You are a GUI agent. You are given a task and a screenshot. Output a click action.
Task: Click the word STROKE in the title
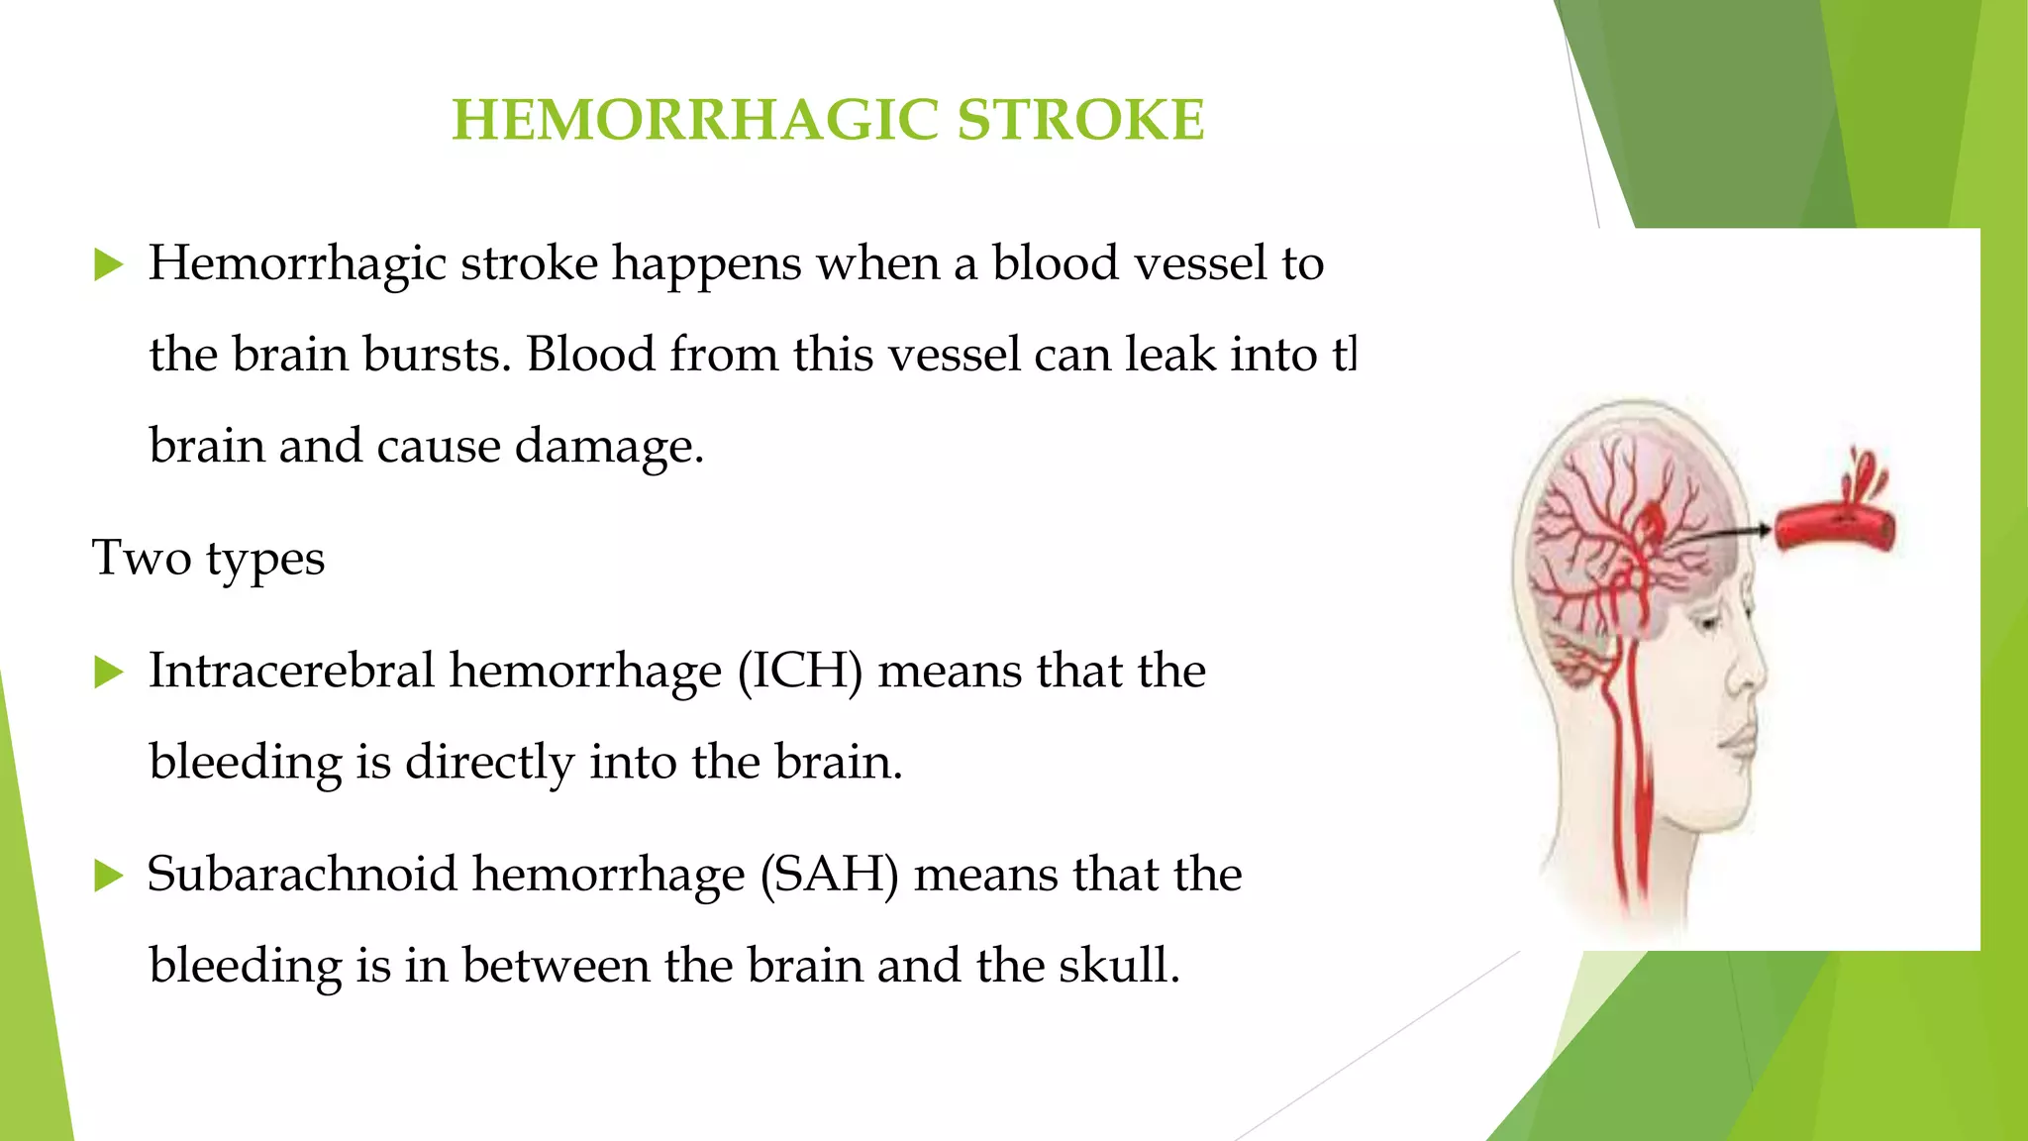point(1080,120)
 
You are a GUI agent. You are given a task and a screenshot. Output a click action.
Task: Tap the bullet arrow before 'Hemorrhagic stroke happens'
point(108,264)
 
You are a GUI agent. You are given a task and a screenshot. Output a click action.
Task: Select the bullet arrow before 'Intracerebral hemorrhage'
point(108,673)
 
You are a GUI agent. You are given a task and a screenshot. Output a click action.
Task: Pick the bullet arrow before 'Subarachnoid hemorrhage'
point(108,876)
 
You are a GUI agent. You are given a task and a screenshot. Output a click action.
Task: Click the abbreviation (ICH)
point(800,672)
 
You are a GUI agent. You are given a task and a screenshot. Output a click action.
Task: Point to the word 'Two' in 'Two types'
point(142,558)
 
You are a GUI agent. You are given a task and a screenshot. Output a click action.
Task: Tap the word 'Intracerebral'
point(291,671)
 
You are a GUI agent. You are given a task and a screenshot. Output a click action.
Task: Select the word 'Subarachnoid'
point(302,875)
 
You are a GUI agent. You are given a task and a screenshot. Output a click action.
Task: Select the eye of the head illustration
point(1707,624)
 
